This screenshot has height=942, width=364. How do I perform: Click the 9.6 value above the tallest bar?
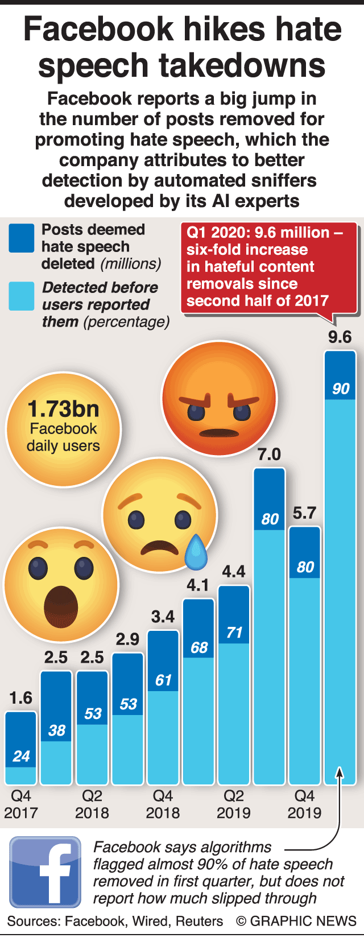[x=340, y=337]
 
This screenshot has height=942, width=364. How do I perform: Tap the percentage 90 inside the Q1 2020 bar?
[x=341, y=389]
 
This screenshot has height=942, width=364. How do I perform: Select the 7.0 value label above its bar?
[x=269, y=455]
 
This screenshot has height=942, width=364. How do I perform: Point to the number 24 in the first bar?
[x=21, y=756]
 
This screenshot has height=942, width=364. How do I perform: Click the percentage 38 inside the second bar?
[x=56, y=730]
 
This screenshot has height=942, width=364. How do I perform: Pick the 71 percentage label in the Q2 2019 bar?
[x=234, y=632]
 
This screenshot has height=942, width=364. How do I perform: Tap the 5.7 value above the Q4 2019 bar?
[x=304, y=513]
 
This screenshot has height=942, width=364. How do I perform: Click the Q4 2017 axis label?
[x=21, y=804]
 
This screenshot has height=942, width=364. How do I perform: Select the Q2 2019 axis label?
[x=234, y=804]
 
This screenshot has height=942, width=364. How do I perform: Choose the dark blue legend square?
[x=22, y=238]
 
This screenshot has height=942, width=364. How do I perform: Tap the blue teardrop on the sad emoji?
[x=196, y=552]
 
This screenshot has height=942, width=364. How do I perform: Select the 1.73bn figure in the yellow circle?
[x=63, y=409]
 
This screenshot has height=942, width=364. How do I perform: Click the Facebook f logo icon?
[x=45, y=871]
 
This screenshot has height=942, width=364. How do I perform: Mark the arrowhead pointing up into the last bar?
[x=340, y=772]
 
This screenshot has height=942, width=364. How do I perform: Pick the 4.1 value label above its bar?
[x=198, y=585]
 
